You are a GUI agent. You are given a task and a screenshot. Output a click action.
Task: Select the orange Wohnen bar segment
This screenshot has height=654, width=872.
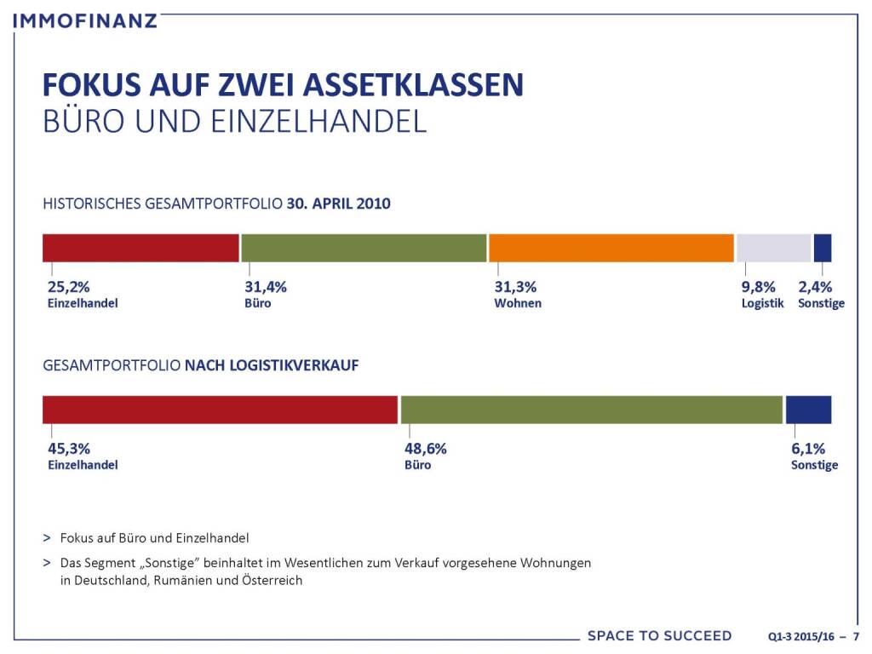coord(611,247)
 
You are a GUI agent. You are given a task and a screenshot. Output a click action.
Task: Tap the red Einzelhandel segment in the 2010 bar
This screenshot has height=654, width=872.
coord(141,247)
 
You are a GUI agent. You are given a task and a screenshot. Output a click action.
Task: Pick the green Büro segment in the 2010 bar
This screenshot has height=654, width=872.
coord(364,247)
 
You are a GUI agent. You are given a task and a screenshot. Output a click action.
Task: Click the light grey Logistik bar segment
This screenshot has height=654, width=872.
coord(773,247)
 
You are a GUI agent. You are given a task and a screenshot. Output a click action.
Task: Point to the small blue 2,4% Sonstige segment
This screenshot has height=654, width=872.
coord(823,247)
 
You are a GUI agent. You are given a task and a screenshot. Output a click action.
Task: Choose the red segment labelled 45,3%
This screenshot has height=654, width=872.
coord(220,410)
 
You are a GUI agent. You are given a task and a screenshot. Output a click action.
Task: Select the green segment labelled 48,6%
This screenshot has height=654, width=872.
coord(591,410)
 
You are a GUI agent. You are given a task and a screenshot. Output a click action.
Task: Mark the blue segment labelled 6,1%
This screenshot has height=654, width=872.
coord(808,410)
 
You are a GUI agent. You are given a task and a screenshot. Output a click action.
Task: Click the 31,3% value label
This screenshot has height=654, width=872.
coord(515,287)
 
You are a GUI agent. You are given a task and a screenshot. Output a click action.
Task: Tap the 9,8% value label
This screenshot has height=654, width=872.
coord(758,287)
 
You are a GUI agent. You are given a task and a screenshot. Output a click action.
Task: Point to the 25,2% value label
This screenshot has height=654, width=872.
coord(67,287)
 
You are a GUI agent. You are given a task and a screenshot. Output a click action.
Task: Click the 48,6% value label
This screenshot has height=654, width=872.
coord(425,449)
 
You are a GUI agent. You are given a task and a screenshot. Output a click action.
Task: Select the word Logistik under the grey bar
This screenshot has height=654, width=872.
coord(762,303)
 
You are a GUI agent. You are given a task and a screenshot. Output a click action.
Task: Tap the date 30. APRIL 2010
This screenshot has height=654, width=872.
coord(339,204)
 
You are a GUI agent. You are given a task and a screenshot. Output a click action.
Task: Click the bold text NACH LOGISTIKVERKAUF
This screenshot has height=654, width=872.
coord(272,365)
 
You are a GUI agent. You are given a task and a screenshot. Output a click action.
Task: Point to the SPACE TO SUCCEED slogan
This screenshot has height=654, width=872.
coord(659,636)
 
